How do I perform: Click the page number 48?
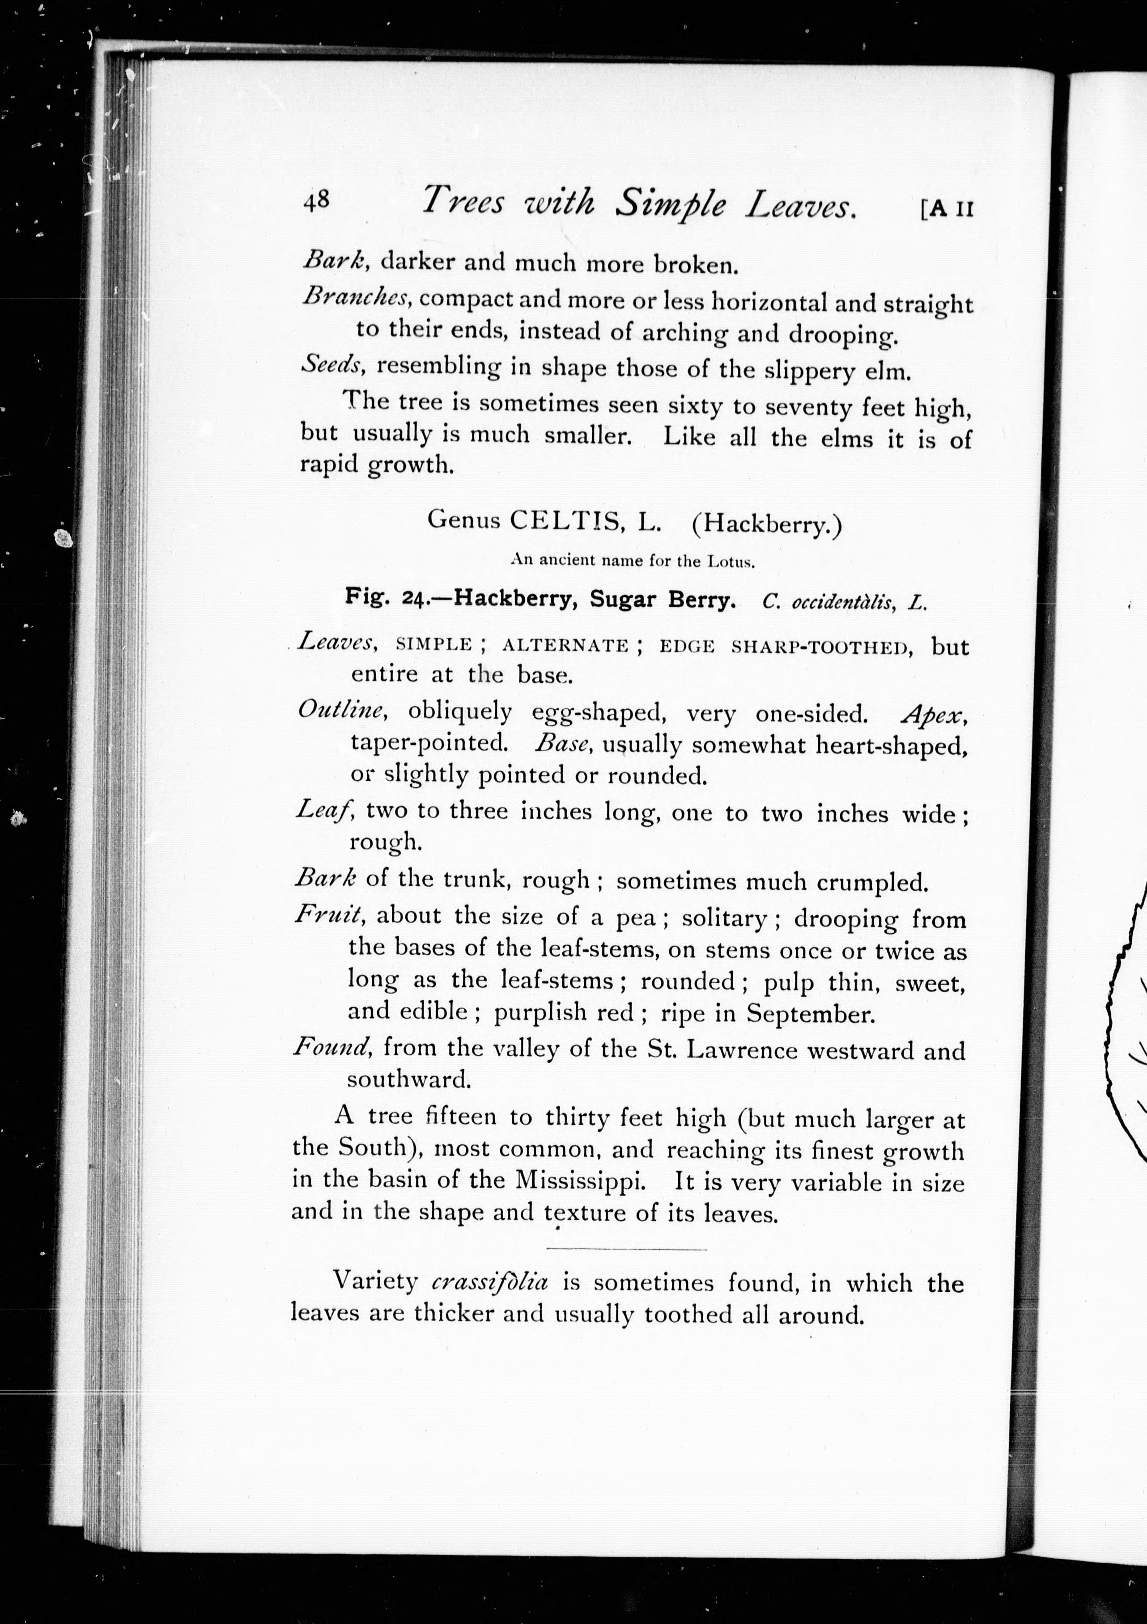(316, 201)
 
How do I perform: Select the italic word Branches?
(355, 296)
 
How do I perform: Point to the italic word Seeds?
(331, 364)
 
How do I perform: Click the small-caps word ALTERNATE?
(565, 645)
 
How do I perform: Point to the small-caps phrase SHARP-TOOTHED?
(821, 647)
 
